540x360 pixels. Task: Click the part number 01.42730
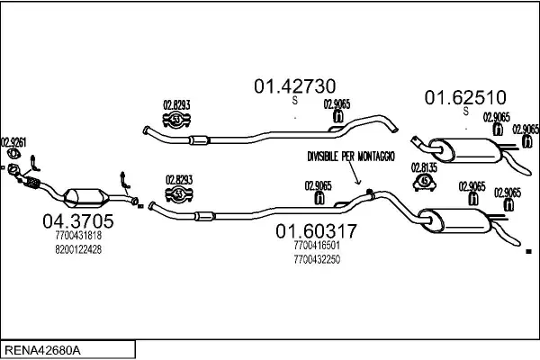click(x=295, y=86)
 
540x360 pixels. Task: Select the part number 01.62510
click(x=465, y=97)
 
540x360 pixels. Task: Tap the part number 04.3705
click(x=78, y=221)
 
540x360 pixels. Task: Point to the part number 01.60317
click(x=316, y=231)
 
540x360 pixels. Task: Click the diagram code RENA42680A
click(x=42, y=350)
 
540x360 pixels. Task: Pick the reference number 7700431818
click(x=78, y=235)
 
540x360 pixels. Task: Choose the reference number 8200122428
click(x=78, y=249)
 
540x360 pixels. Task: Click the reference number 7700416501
click(x=317, y=246)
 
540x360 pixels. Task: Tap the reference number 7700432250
click(x=317, y=259)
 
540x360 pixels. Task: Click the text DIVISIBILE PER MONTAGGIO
click(x=351, y=157)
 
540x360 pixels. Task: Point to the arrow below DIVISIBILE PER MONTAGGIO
click(x=355, y=173)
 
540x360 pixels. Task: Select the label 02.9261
click(x=13, y=142)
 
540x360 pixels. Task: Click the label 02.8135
click(x=424, y=167)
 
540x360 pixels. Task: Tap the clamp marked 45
click(x=425, y=183)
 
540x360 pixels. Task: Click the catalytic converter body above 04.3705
click(x=86, y=198)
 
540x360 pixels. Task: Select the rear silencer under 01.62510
click(x=465, y=150)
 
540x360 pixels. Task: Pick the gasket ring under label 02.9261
click(x=13, y=154)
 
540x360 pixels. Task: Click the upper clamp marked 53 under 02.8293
click(x=176, y=119)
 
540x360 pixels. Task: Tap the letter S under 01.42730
click(x=295, y=100)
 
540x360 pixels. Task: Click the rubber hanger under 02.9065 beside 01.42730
click(x=338, y=116)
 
